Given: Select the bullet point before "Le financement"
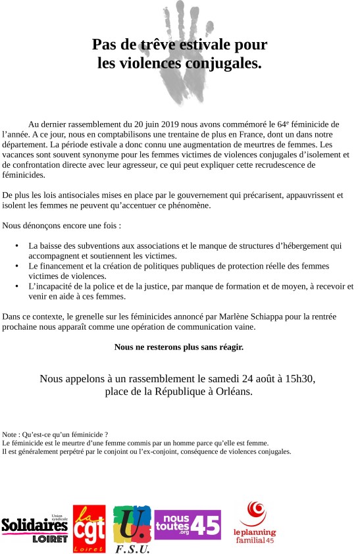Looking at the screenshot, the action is coord(17,266).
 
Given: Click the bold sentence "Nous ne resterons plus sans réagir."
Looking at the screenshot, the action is coord(179,346).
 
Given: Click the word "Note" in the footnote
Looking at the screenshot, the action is coord(11,435).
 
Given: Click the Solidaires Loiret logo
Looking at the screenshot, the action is coord(34,528).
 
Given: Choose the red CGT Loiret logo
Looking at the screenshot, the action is coord(89,528).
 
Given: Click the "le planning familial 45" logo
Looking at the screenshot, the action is coord(255,523).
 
